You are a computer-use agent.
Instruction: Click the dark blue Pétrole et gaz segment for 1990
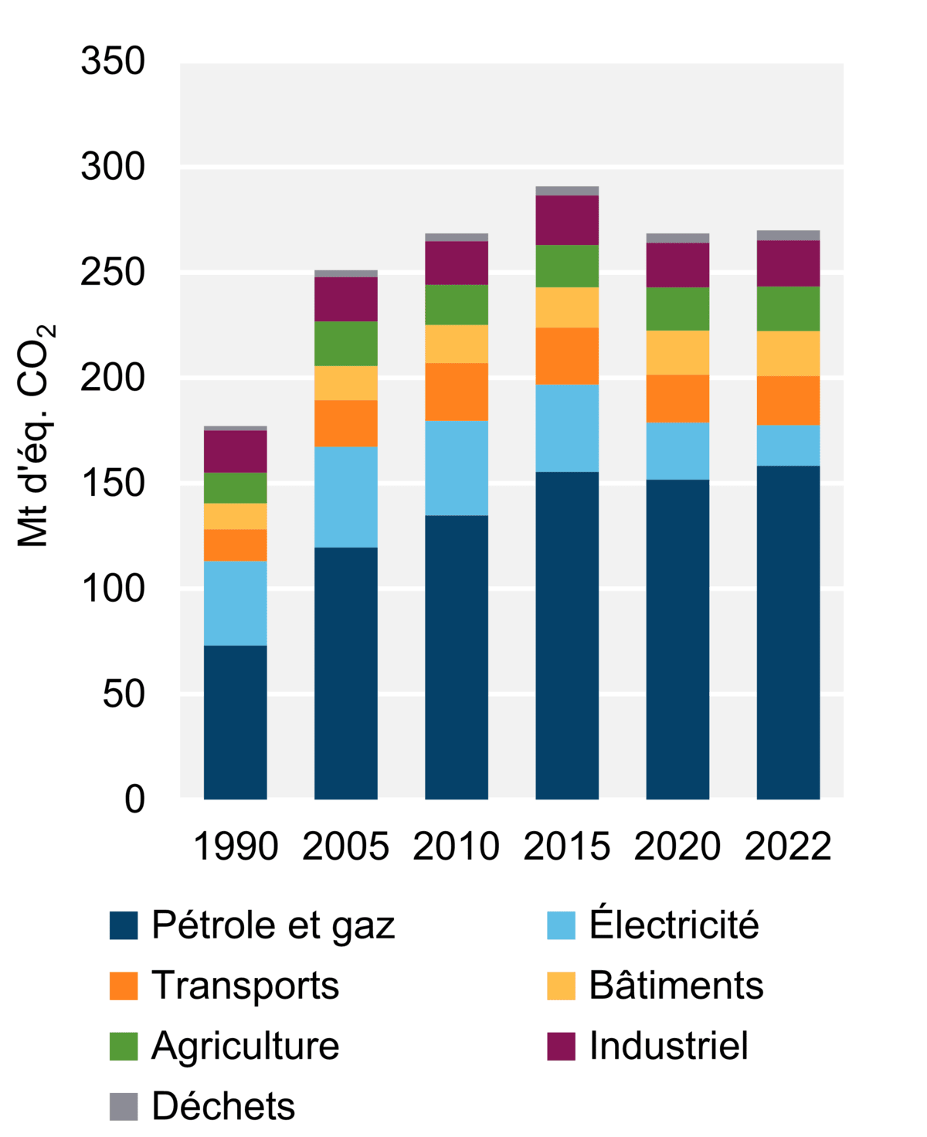point(235,721)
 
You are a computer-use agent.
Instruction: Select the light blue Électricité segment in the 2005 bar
point(345,497)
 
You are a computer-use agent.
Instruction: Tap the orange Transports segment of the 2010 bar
point(456,392)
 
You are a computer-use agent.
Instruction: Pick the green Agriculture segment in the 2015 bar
point(566,266)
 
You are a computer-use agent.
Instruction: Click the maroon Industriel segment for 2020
point(677,265)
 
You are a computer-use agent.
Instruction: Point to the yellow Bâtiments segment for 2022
point(788,353)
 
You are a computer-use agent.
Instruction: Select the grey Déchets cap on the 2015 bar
point(566,191)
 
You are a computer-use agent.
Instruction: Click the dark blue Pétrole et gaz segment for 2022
point(788,632)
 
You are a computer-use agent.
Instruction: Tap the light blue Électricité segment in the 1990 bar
point(235,602)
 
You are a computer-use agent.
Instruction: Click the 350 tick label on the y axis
point(113,62)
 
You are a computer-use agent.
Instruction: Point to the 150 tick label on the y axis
point(113,484)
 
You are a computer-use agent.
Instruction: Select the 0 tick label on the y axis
point(134,799)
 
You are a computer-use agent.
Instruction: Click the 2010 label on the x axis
point(456,847)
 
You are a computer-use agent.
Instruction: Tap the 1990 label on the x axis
point(235,847)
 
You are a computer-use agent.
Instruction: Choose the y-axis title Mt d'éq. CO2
point(36,436)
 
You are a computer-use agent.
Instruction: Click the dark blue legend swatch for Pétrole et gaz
point(124,925)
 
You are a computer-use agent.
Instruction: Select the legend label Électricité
point(674,925)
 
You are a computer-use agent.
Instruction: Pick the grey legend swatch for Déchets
point(124,1106)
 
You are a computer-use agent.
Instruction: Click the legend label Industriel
point(668,1046)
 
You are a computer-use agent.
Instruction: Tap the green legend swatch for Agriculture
point(124,1046)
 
